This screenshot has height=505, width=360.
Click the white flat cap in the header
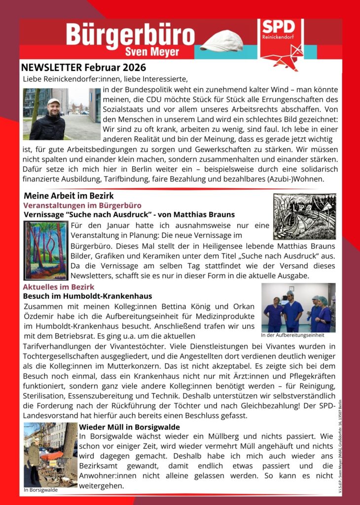coord(221,40)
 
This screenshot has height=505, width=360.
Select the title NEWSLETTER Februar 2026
coord(83,68)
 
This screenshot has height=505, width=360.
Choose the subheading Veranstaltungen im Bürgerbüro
coord(82,205)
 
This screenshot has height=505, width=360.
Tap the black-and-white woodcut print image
coord(304,216)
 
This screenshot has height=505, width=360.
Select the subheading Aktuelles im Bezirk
coord(58,287)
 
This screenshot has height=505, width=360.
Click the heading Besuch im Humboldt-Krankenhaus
coord(87,296)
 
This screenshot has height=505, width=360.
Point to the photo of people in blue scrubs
coord(298,307)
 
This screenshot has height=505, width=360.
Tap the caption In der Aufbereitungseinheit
coord(292,335)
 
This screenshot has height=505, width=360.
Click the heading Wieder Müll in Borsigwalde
coord(129,427)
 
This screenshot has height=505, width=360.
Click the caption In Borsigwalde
coord(40,490)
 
